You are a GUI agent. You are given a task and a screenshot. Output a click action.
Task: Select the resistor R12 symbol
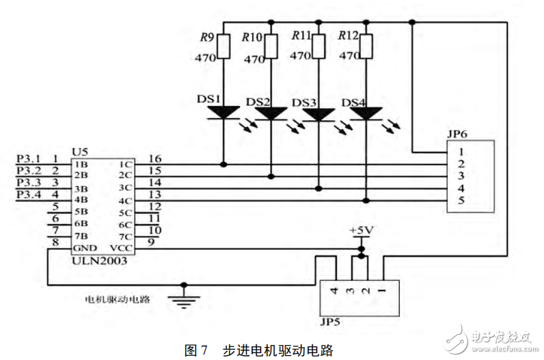[x=367, y=46]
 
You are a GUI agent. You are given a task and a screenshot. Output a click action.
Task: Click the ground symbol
[x=182, y=296]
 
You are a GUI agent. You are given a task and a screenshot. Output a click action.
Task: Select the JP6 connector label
[x=457, y=135]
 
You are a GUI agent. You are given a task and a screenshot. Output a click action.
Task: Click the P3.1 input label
[x=28, y=158]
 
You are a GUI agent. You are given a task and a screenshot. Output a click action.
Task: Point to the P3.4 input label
[x=28, y=195]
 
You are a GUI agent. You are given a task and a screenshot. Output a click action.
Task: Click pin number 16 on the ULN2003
[x=154, y=158]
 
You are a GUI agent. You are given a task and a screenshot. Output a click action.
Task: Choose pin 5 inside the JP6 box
[x=462, y=201]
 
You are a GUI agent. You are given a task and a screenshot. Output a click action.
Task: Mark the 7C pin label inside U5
[x=124, y=236]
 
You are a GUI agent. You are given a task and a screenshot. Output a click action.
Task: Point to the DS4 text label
[x=354, y=103]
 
